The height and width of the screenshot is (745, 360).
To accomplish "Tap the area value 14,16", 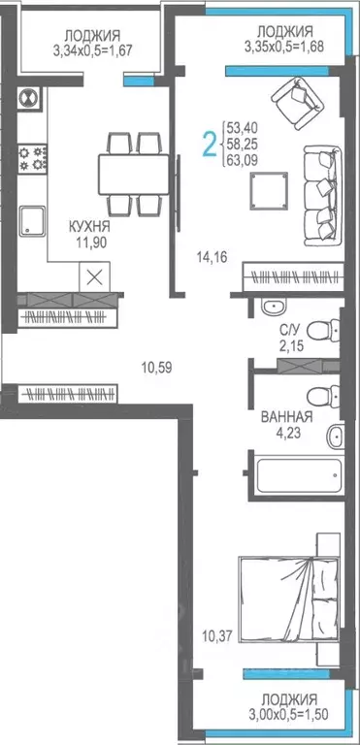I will [x=211, y=257].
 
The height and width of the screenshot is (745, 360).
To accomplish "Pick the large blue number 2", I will [x=208, y=144].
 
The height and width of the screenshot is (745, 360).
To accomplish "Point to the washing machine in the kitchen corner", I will [x=30, y=99].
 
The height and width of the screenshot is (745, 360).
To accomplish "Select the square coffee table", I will [x=267, y=190].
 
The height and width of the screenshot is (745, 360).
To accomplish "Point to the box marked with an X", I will [x=94, y=275].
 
